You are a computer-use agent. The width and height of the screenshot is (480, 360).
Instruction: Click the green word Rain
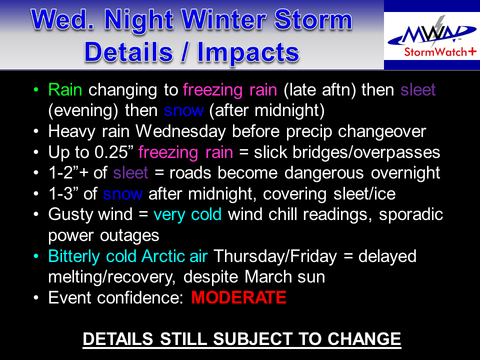coord(65,90)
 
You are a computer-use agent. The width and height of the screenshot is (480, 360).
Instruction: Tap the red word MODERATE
coord(239,297)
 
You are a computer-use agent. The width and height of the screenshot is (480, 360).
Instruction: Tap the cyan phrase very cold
coord(187,214)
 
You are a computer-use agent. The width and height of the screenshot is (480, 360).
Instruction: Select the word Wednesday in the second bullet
coord(180,131)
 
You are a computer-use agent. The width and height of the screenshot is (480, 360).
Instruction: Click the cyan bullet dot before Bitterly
coord(36,256)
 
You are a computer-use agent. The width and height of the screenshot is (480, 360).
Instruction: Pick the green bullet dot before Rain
coord(36,89)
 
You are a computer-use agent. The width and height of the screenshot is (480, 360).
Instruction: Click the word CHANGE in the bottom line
coord(364,339)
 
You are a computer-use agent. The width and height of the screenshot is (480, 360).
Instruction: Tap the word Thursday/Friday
coord(275,256)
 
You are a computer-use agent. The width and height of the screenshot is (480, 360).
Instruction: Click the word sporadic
coord(411,214)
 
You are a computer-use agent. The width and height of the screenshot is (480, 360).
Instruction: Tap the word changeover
coord(382,131)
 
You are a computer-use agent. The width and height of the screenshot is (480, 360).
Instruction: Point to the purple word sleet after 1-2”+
coord(130,173)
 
